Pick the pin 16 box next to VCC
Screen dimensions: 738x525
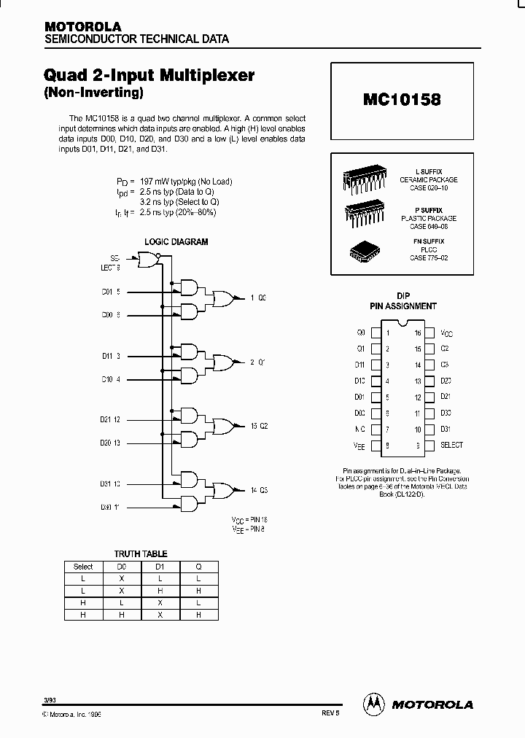tap(429, 333)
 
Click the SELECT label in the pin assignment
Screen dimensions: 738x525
tap(451, 445)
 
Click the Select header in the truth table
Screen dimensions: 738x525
tap(83, 566)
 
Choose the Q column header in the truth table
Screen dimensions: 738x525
tap(197, 566)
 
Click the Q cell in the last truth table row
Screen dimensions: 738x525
tap(197, 615)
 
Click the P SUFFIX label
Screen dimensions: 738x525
tap(429, 210)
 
